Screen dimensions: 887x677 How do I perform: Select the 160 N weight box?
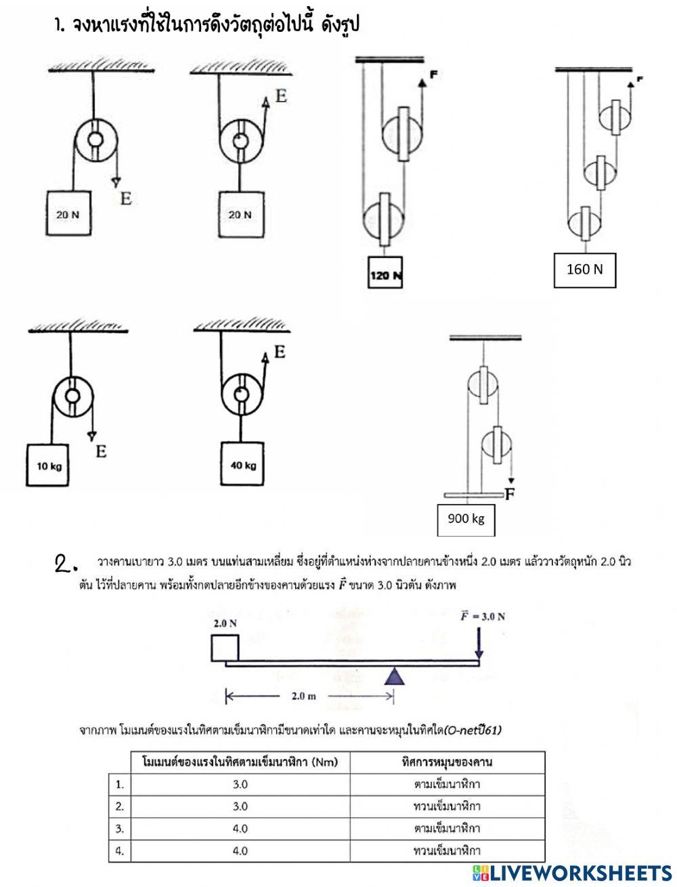[x=584, y=270]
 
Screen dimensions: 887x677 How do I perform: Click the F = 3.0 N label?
[x=483, y=616]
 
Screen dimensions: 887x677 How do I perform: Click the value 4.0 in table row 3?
[x=240, y=828]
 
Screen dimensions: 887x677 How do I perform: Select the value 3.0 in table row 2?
[x=240, y=806]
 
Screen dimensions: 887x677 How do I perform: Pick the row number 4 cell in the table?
[x=120, y=850]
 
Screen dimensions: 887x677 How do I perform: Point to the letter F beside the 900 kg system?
[x=509, y=495]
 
